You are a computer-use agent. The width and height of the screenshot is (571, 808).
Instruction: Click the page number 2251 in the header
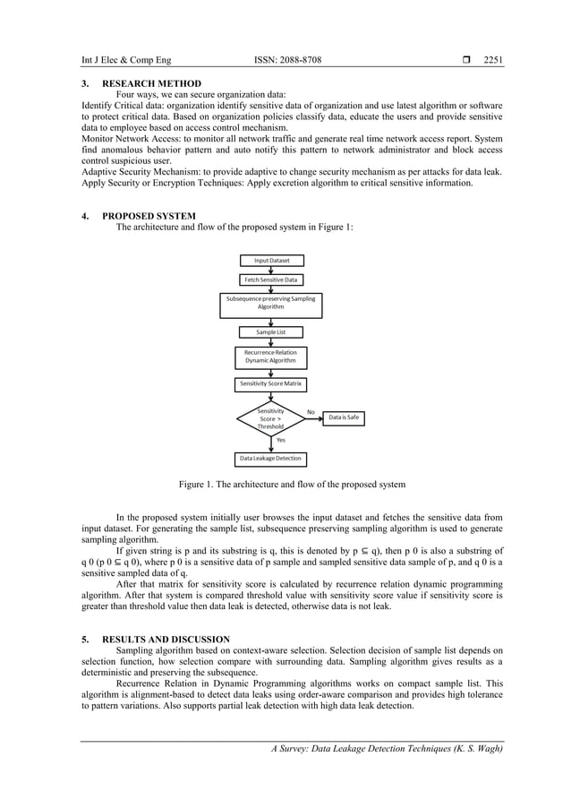tap(493, 60)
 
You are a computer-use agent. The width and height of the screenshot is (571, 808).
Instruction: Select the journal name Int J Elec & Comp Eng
tap(124, 60)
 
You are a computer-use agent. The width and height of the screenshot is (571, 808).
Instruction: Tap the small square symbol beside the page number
tap(466, 60)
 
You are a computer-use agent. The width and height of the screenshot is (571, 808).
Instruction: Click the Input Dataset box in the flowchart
tap(271, 261)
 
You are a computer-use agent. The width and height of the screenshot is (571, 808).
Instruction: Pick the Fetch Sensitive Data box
tap(271, 279)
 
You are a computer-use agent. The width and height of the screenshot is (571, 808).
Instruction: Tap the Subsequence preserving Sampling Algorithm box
tap(271, 302)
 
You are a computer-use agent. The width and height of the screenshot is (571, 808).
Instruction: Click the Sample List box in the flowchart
tap(271, 331)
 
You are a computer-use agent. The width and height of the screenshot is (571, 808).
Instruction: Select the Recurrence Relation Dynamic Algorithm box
tap(271, 357)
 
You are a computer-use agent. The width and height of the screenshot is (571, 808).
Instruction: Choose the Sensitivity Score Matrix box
tap(271, 383)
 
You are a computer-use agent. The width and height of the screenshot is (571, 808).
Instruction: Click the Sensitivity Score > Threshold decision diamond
tap(270, 418)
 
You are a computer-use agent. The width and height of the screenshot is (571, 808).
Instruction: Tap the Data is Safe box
tap(344, 417)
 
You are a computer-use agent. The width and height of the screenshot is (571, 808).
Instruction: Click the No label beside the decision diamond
tap(311, 411)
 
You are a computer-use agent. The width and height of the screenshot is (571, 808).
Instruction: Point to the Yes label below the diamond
tap(281, 440)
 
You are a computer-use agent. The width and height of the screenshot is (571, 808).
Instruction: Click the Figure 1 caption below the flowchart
tap(292, 485)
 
